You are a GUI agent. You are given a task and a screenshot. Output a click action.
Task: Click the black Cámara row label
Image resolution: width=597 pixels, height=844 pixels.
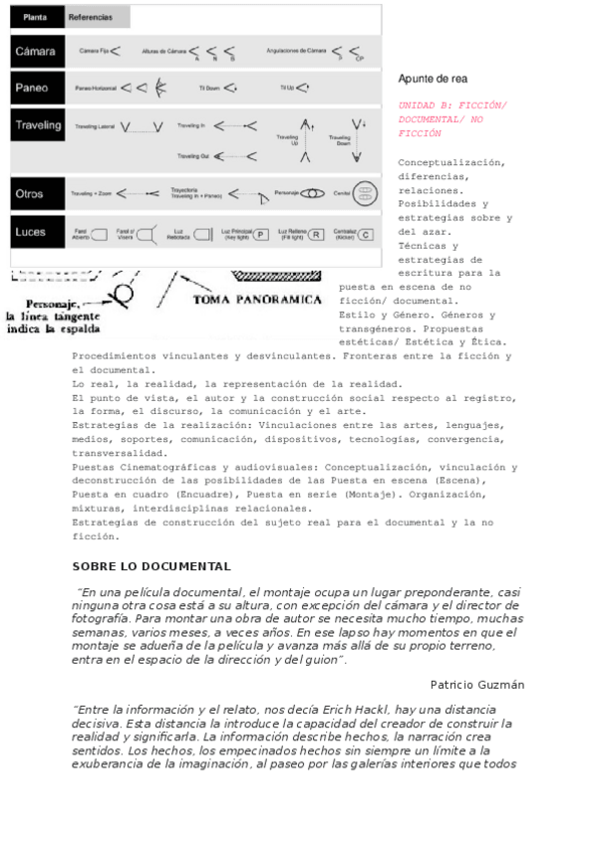[35, 51]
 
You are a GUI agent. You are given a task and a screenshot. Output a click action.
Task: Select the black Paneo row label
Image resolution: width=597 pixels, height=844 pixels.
[33, 88]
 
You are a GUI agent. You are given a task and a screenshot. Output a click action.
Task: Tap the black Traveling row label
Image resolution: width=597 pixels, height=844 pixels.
[38, 126]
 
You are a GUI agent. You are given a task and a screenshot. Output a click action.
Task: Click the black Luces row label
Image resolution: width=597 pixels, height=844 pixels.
[33, 233]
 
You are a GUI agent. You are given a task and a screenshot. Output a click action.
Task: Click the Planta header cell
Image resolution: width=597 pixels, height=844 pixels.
[36, 17]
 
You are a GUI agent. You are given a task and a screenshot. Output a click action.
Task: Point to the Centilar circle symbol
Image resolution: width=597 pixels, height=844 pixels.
[366, 193]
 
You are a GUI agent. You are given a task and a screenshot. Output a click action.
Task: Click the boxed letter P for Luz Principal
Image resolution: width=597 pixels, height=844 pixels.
[261, 235]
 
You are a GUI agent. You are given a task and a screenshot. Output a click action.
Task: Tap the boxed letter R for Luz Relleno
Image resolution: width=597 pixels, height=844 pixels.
[315, 235]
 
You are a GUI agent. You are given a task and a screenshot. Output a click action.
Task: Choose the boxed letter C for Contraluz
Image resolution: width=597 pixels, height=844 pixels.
[366, 235]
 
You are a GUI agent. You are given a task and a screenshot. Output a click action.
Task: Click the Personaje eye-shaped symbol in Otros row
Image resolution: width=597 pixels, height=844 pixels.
[313, 193]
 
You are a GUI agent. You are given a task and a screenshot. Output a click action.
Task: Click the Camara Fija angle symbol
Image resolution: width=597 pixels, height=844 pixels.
[116, 50]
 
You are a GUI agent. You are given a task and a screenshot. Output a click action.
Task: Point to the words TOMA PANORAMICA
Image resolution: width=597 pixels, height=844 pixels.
[256, 300]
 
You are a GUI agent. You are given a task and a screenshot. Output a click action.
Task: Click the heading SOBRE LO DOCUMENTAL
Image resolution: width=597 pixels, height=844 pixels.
[151, 566]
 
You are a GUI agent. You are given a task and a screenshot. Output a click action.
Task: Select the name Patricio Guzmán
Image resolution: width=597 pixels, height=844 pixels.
[477, 685]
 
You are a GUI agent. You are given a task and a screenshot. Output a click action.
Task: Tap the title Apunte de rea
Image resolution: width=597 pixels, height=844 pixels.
[433, 79]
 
